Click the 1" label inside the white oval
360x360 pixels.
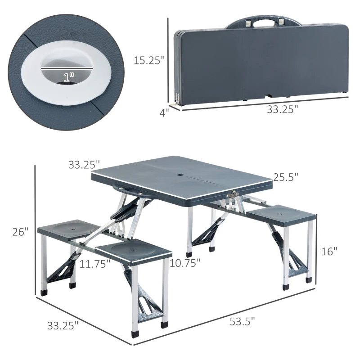pyautogui.click(x=69, y=77)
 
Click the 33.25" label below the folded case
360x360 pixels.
pyautogui.click(x=283, y=110)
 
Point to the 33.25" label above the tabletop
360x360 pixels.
pyautogui.click(x=84, y=165)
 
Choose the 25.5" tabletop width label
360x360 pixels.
pyautogui.click(x=285, y=177)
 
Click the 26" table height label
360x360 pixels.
pyautogui.click(x=20, y=232)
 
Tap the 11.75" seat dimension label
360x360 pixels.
pyautogui.click(x=95, y=263)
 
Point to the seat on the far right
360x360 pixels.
pyautogui.click(x=280, y=215)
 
